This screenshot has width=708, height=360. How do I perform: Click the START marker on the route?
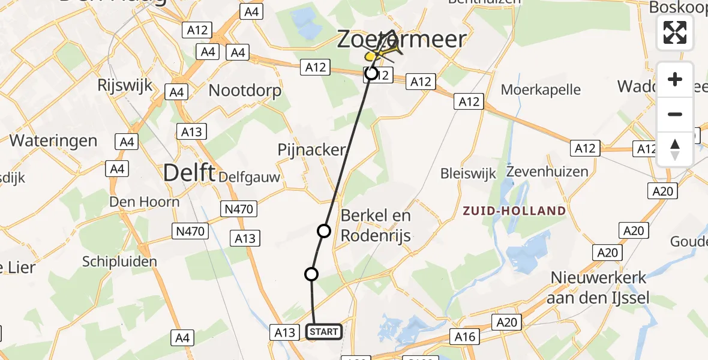(324, 331)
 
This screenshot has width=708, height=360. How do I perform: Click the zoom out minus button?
(675, 114)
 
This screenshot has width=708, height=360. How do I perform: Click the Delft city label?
(190, 173)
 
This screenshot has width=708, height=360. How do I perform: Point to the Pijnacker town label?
(312, 149)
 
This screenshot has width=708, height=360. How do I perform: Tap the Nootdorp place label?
(245, 91)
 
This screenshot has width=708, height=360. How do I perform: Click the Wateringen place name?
(53, 141)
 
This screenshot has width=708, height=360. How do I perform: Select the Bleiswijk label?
(469, 174)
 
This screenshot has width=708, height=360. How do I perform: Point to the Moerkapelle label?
(541, 90)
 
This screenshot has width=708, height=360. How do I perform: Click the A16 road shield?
(465, 337)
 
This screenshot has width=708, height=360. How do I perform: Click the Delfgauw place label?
(250, 177)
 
